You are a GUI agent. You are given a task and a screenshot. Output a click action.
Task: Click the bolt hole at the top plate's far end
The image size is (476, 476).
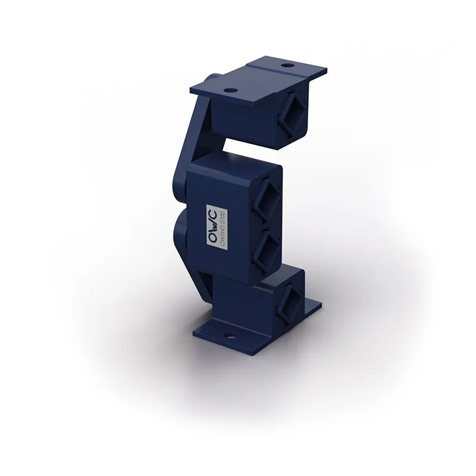(286, 65)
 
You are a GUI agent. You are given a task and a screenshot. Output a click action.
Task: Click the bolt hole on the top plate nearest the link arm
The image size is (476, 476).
(231, 90)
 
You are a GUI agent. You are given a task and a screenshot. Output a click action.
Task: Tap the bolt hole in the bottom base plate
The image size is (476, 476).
(230, 336)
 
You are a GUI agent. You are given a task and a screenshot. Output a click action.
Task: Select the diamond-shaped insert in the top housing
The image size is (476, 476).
(293, 115)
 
